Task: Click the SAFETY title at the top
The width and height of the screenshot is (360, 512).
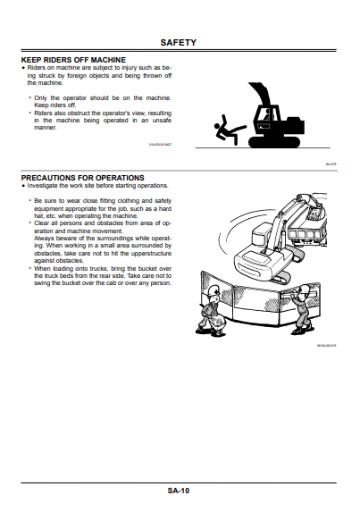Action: tap(185, 42)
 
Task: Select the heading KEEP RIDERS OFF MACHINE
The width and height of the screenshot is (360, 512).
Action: tap(73, 59)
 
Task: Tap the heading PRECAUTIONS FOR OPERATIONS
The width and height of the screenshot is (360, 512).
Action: tap(82, 177)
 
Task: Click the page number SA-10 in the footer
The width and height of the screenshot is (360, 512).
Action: tap(179, 491)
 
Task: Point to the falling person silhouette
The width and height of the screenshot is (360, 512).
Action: tap(226, 131)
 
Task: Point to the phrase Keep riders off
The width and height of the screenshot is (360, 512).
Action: tap(56, 105)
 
